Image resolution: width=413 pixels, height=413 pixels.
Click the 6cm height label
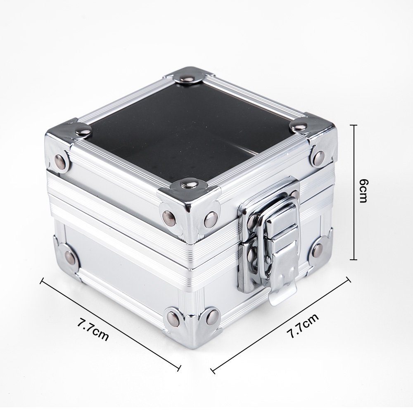point(364,191)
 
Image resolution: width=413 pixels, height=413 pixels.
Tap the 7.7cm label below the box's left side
point(93,330)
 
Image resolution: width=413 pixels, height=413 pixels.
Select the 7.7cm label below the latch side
point(302,325)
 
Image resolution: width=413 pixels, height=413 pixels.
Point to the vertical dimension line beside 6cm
point(354,192)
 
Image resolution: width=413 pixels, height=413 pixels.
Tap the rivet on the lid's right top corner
point(298,128)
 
